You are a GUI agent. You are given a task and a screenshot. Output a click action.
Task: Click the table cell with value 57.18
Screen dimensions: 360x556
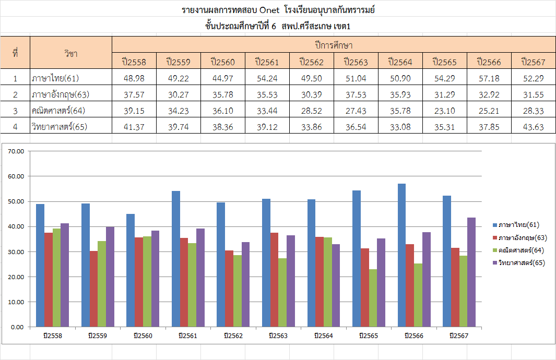point(489,78)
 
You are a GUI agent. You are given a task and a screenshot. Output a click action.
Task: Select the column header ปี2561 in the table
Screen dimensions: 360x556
point(267,62)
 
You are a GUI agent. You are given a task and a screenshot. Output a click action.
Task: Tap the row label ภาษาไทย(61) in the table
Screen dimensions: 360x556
point(55,78)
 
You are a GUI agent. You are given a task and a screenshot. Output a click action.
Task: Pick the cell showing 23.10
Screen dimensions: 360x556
point(445,110)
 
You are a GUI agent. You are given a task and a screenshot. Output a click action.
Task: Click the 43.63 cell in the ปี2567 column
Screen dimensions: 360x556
point(533,126)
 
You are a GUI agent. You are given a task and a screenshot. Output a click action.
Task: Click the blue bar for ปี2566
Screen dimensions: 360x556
point(401,255)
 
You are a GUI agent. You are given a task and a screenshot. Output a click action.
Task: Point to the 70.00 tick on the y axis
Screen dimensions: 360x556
point(17,151)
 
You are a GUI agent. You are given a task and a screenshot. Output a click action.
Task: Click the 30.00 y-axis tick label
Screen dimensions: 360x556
point(17,251)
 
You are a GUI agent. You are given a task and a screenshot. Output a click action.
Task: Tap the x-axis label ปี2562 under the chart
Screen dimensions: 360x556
point(233,335)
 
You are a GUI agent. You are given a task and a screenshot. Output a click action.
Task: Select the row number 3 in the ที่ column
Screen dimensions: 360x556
point(15,110)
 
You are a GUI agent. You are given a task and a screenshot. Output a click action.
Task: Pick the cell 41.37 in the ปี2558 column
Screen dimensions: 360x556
point(134,126)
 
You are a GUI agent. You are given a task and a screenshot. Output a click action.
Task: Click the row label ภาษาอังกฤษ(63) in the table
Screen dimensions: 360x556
point(60,94)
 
